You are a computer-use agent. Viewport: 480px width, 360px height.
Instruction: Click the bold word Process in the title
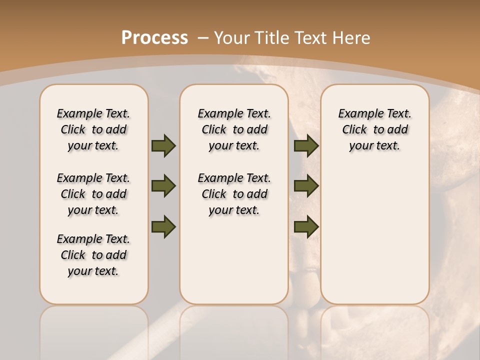[x=155, y=37]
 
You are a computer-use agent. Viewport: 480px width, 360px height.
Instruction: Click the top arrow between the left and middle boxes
[x=163, y=145]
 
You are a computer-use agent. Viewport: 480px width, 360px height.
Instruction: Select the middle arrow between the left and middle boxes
[x=163, y=186]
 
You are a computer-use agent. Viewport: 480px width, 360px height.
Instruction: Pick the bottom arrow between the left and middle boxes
[x=163, y=226]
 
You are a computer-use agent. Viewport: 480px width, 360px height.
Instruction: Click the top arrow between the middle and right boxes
[x=306, y=145]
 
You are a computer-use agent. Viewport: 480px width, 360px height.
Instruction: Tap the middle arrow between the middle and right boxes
[x=306, y=186]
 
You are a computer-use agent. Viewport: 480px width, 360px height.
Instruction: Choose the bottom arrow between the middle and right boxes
[x=306, y=226]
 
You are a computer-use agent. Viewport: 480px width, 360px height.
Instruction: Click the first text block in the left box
[x=93, y=129]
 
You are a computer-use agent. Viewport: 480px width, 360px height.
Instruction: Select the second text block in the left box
[x=93, y=194]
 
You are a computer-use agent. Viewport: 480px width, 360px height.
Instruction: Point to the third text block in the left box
[x=93, y=255]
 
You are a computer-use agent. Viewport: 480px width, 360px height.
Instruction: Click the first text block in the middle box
[x=234, y=129]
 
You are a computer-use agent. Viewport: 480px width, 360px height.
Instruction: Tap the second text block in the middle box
[x=234, y=194]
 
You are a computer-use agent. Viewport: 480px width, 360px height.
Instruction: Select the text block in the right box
[x=374, y=129]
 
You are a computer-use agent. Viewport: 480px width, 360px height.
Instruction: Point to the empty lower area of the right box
[x=374, y=235]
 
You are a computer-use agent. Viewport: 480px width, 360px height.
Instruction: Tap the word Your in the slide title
[x=232, y=37]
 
